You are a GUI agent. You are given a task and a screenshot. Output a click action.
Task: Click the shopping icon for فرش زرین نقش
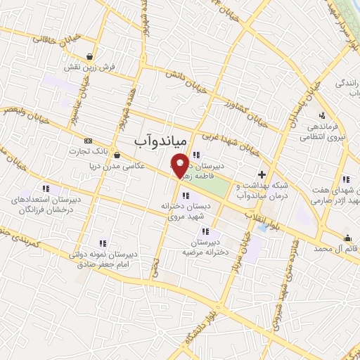pyautogui.click(x=90, y=56)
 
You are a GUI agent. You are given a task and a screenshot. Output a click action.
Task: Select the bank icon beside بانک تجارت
pyautogui.click(x=87, y=141)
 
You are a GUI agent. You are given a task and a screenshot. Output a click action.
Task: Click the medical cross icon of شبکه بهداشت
pyautogui.click(x=262, y=174)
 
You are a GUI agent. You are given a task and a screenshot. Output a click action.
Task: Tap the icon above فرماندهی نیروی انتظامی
pyautogui.click(x=321, y=115)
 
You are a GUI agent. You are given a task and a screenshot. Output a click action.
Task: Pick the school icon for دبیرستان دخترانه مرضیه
pyautogui.click(x=205, y=231)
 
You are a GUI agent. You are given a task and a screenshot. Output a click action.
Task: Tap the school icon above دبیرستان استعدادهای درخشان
pyautogui.click(x=46, y=188)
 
